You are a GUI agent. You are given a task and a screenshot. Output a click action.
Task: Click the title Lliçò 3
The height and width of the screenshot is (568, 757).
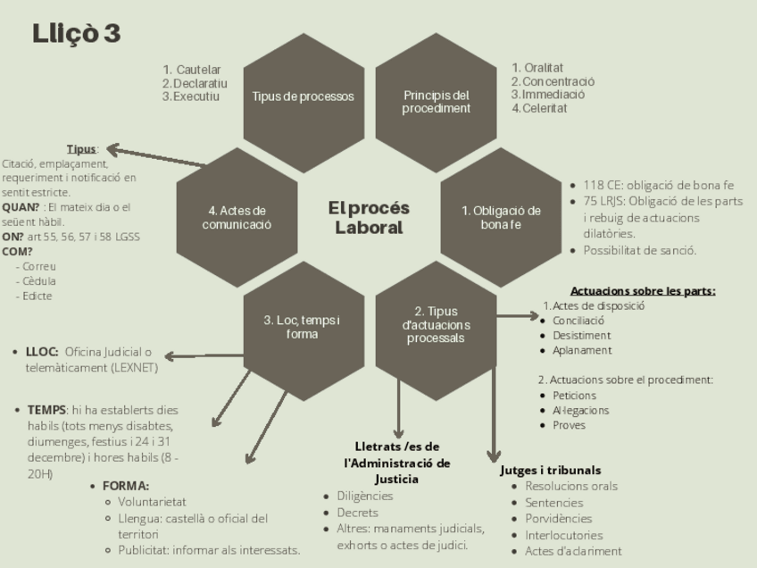coord(76,34)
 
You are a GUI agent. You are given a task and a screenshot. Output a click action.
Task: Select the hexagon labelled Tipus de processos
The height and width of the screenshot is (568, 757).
coord(303,97)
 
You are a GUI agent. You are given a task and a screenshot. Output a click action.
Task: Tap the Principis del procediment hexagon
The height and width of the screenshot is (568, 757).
coord(436,101)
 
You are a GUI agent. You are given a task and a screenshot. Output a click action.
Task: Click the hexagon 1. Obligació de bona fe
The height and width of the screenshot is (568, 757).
coord(501,217)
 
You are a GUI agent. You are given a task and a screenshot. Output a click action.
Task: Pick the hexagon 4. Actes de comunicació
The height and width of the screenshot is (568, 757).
coord(236,217)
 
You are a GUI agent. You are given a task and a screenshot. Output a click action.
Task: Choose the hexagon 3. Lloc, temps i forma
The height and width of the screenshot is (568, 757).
coord(302,328)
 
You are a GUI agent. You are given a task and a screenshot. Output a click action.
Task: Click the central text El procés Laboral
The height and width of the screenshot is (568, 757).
coord(369,217)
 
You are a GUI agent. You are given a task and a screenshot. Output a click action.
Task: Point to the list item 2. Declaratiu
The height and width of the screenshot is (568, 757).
coord(195,83)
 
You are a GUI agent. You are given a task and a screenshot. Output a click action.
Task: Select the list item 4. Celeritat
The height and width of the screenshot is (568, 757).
coord(539,108)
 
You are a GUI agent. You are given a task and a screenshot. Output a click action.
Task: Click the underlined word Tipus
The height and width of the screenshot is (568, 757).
coord(82,149)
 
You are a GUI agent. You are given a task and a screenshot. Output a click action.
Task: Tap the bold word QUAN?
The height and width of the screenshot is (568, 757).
coord(21,206)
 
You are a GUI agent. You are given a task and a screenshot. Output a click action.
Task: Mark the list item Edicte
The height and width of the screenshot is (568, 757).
coord(38,296)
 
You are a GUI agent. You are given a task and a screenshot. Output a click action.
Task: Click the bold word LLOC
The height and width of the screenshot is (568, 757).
coord(42,351)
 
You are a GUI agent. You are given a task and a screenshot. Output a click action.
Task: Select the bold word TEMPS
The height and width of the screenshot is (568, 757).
coord(47,410)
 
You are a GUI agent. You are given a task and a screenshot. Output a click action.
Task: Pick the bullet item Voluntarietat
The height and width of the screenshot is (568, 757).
coord(152,502)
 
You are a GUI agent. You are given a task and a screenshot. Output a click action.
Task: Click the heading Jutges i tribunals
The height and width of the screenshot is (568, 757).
coord(550,470)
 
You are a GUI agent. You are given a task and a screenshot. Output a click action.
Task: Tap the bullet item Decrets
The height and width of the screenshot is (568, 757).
coord(357,513)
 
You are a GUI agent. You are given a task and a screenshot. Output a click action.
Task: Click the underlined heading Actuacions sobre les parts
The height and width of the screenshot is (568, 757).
coord(643,290)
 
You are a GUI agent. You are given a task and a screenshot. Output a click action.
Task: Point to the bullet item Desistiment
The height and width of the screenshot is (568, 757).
coord(581,335)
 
